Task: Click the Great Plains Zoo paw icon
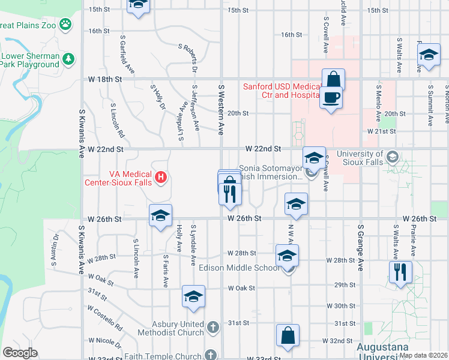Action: pyautogui.click(x=65, y=25)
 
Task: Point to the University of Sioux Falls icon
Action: pyautogui.click(x=393, y=157)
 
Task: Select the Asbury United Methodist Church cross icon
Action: pyautogui.click(x=212, y=327)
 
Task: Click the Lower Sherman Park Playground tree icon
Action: pyautogui.click(x=68, y=58)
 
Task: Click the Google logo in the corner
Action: pyautogui.click(x=20, y=353)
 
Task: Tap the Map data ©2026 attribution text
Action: pyautogui.click(x=423, y=355)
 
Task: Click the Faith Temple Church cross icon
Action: pyautogui.click(x=211, y=355)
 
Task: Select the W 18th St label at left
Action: pyautogui.click(x=104, y=79)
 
